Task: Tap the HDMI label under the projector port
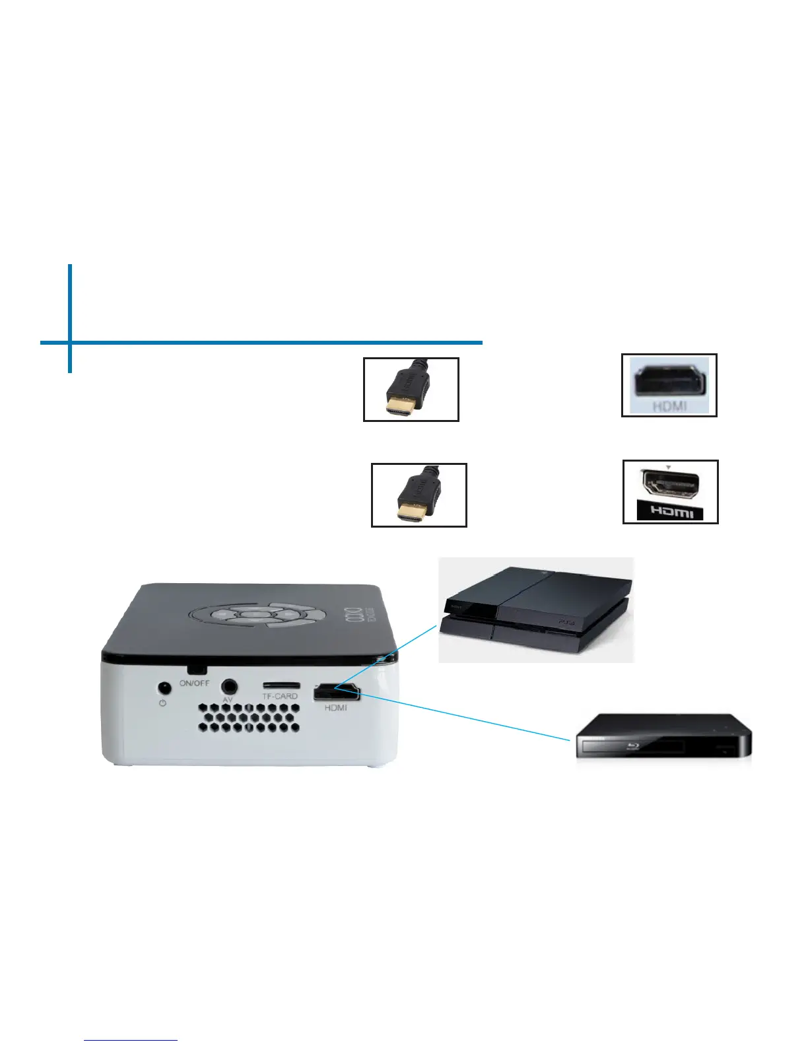[x=335, y=708]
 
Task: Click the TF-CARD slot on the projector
[x=281, y=685]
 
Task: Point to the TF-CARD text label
[x=280, y=696]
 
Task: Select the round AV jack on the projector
[x=228, y=686]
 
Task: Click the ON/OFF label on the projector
[x=194, y=683]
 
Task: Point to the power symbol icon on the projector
[x=162, y=703]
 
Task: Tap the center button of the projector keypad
[x=252, y=615]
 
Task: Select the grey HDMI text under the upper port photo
[x=669, y=406]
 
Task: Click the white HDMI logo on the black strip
[x=671, y=512]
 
